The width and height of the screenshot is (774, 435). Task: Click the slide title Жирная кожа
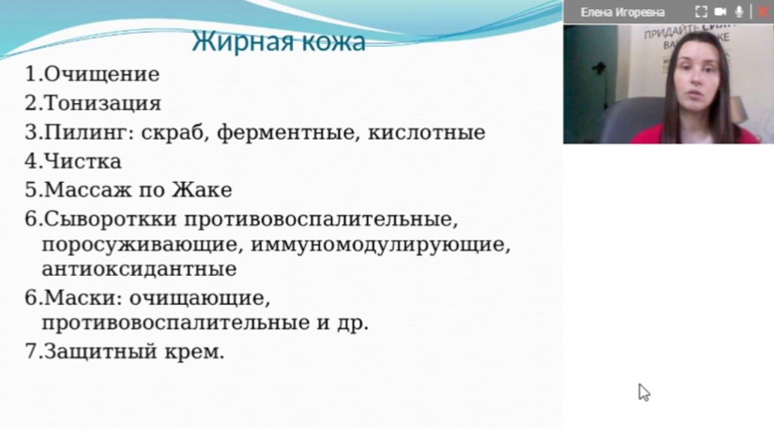279,42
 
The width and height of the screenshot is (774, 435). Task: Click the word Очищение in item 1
102,74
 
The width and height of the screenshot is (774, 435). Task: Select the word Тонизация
103,103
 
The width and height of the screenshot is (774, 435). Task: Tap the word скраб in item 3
175,132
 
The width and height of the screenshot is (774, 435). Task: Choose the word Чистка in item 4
83,161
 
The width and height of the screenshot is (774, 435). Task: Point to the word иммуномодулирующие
380,245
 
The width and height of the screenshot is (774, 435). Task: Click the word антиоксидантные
139,269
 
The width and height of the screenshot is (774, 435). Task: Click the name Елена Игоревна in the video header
622,12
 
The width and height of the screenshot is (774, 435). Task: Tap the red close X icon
763,11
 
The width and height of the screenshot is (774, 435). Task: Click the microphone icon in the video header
739,11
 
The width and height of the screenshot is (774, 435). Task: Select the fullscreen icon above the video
701,11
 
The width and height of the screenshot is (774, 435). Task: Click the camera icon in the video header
720,11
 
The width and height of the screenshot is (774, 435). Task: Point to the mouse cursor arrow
643,391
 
